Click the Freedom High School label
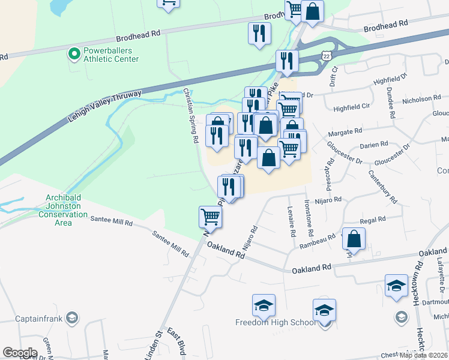point(275,323)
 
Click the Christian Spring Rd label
point(191,116)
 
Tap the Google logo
point(20,353)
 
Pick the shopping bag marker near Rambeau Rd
point(354,238)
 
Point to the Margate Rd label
point(345,131)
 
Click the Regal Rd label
point(373,221)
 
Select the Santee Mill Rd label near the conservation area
point(111,222)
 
